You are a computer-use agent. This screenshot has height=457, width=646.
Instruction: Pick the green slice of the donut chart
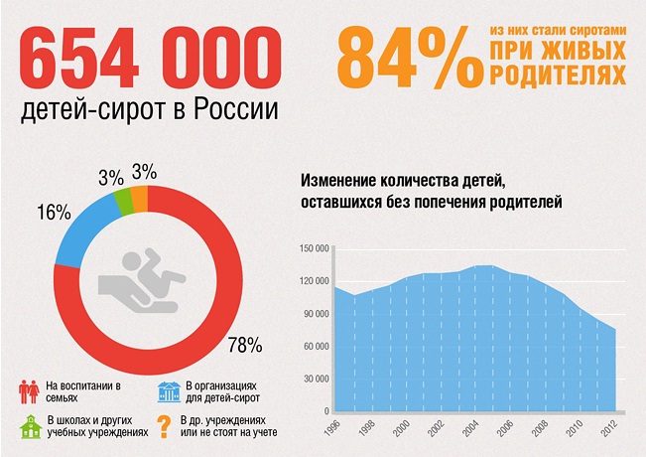[x=123, y=201]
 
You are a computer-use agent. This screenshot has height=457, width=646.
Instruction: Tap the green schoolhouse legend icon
[x=29, y=428]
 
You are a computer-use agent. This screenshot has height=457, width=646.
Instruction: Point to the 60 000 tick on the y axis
[x=316, y=346]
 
